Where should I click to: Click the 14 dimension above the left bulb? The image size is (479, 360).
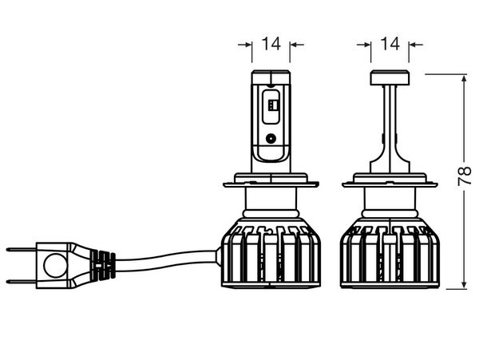pos(271,44)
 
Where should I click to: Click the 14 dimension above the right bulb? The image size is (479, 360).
pos(390,44)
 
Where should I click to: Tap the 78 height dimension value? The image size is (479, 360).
pos(465,176)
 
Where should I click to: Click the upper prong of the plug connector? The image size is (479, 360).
pos(21,250)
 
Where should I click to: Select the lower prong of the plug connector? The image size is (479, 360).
pos(21,282)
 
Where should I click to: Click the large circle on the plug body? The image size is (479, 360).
pos(55,265)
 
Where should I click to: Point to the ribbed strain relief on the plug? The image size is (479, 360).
pos(103,265)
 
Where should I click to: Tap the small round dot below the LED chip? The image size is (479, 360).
pos(271,139)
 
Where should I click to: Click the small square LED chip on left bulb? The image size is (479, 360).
pos(271,105)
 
